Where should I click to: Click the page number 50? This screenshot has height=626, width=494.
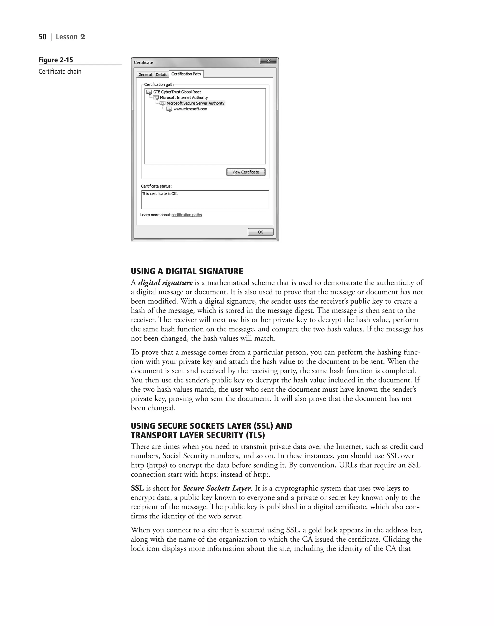click(42, 37)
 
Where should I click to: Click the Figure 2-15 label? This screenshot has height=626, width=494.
click(55, 60)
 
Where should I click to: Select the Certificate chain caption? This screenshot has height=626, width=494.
click(60, 71)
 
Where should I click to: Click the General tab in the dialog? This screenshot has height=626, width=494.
click(145, 75)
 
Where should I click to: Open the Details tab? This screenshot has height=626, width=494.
click(161, 75)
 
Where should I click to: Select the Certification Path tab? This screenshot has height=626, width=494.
click(186, 74)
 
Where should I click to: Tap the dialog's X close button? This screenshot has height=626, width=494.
click(268, 61)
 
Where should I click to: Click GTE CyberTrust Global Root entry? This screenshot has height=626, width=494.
click(177, 92)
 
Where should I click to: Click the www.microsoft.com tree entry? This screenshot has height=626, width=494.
click(190, 109)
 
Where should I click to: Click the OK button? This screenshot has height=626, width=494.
click(260, 232)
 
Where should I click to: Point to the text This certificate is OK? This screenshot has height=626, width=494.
click(160, 194)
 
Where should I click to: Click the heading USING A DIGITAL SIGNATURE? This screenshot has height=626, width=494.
click(187, 271)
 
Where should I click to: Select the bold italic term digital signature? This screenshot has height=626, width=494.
click(165, 282)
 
